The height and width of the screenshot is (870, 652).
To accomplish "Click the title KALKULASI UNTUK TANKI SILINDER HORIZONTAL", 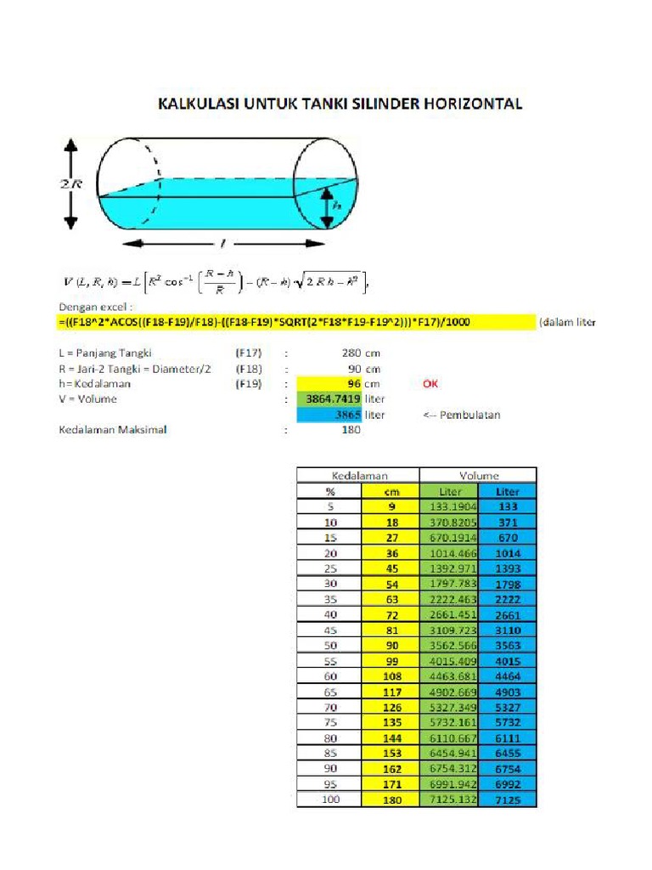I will [x=339, y=105].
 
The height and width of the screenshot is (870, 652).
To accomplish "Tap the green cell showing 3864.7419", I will [x=327, y=398].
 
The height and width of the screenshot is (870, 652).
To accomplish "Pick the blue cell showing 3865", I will [x=327, y=415].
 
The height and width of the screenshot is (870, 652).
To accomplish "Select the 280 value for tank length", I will [x=349, y=352].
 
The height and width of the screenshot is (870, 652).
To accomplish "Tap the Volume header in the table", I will [x=479, y=475].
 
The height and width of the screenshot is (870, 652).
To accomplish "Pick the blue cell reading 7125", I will [x=508, y=800].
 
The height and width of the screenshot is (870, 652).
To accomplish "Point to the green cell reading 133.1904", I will [x=448, y=507].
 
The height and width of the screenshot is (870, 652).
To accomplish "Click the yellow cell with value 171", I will [x=391, y=784].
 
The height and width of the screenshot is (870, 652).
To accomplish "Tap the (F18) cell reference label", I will [x=248, y=368].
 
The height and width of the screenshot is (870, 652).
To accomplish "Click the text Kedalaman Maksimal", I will [x=112, y=430].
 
